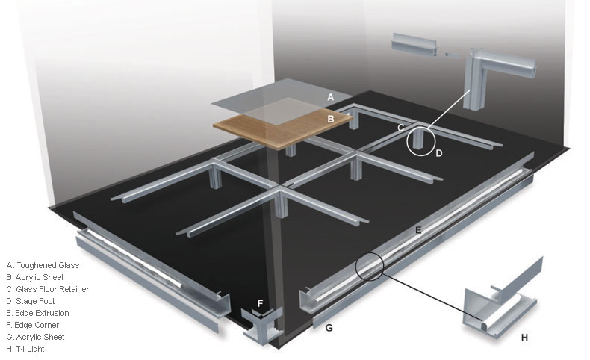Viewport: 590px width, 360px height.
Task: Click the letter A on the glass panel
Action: (x=330, y=97)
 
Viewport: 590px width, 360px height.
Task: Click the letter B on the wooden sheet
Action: (x=331, y=120)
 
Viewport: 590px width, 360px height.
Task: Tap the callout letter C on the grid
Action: (x=401, y=128)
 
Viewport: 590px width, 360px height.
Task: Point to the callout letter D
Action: (x=438, y=153)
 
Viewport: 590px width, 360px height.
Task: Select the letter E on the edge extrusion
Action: (x=418, y=230)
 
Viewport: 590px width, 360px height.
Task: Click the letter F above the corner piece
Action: (x=260, y=303)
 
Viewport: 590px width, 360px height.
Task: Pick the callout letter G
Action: (x=329, y=328)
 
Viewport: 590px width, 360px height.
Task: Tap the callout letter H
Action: (x=524, y=338)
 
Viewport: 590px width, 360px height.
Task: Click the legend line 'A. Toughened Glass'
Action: (x=43, y=265)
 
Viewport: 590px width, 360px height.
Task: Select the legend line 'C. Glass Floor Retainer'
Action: (x=47, y=289)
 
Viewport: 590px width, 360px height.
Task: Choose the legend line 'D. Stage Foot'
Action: (x=31, y=301)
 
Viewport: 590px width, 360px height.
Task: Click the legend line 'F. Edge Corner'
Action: (x=33, y=325)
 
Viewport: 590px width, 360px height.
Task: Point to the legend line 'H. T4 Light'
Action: (x=25, y=349)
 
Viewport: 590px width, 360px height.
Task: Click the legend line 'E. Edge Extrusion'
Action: (x=37, y=313)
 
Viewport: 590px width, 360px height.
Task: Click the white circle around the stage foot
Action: (x=407, y=142)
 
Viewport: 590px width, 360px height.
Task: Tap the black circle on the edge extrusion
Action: (x=356, y=267)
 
